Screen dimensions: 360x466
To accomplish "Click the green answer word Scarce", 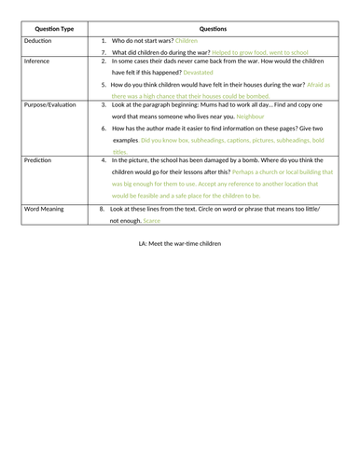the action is [x=152, y=221].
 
